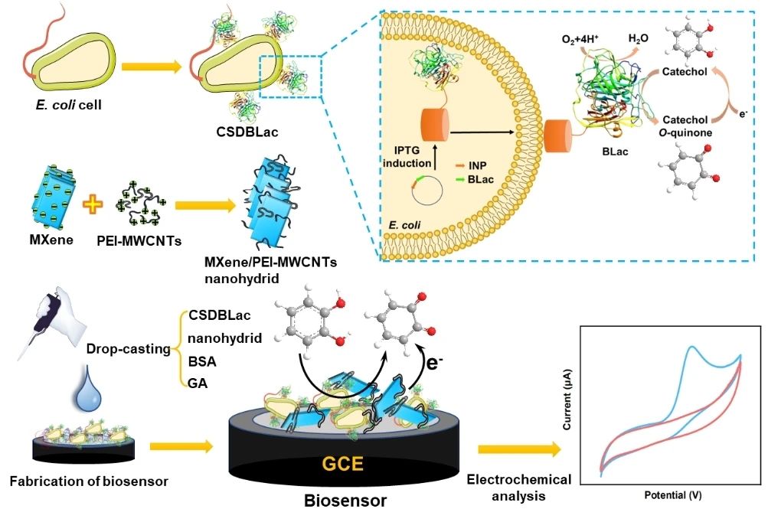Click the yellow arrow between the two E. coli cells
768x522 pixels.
pyautogui.click(x=152, y=67)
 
